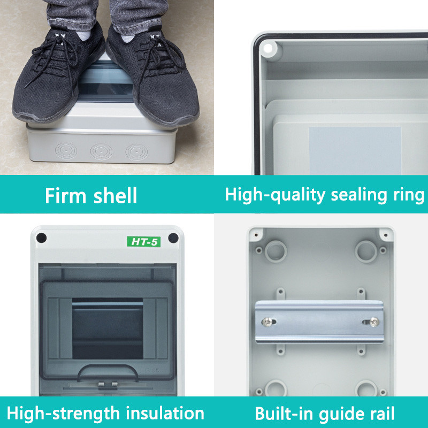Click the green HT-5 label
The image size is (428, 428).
pos(143,242)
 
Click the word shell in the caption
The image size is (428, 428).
pos(115,195)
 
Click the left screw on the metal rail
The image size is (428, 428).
pos(267,322)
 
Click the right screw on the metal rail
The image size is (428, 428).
pos(373,322)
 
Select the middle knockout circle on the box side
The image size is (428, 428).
pos(101,152)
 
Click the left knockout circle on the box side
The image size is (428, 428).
pos(66,151)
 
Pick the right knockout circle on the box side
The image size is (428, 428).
pos(136,152)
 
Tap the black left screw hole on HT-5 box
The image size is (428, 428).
pos(42,238)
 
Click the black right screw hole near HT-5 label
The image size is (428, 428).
pos(173,238)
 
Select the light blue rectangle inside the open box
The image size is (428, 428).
pos(355,150)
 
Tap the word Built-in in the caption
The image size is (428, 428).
pos(284,413)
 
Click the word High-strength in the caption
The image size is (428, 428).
pos(64,413)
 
